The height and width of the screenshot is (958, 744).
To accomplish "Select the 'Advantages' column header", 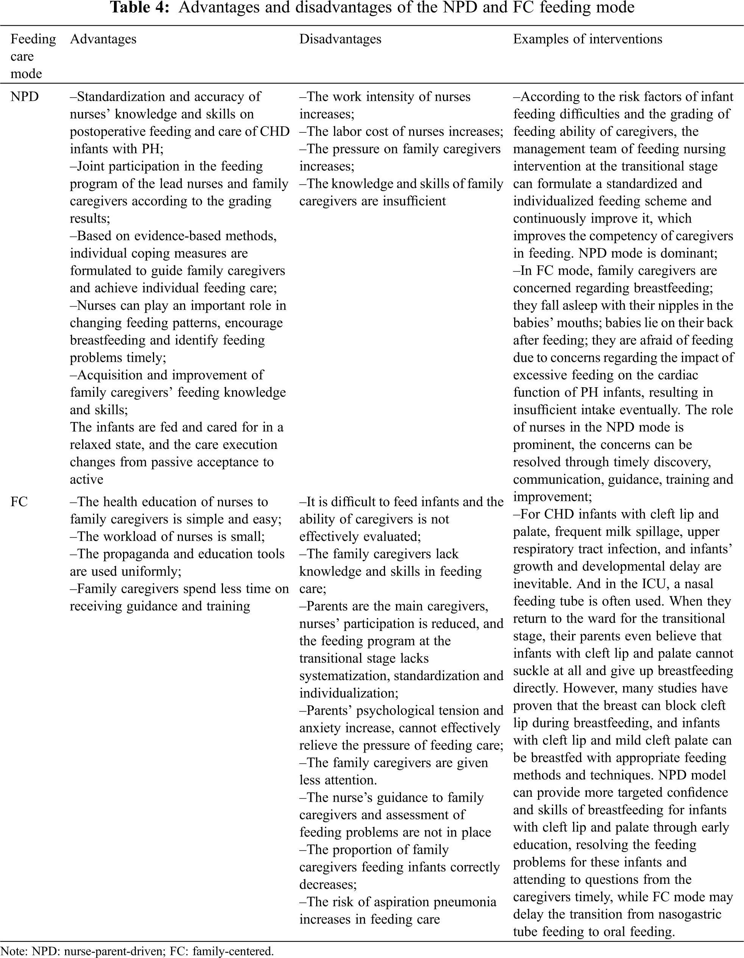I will point(103,39).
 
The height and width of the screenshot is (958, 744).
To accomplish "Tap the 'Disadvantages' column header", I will point(340,39).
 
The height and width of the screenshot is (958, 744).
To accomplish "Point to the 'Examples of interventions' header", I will point(587,39).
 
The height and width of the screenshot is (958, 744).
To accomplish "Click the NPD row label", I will point(25,97).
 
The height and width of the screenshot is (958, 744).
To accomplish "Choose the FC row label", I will point(19,502).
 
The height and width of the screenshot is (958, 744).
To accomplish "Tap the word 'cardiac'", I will point(676,375).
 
